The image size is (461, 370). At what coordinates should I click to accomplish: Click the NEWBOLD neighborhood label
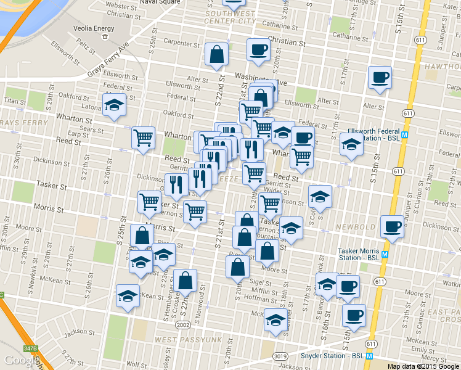pyautogui.click(x=356, y=227)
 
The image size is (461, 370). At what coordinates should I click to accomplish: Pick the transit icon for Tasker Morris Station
pyautogui.click(x=385, y=255)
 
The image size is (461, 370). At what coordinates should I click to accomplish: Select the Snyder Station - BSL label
pyautogui.click(x=332, y=356)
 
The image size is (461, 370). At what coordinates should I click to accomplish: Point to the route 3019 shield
pyautogui.click(x=280, y=356)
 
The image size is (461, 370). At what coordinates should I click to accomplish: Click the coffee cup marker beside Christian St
pyautogui.click(x=258, y=49)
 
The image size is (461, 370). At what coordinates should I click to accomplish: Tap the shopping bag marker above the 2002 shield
pyautogui.click(x=185, y=281)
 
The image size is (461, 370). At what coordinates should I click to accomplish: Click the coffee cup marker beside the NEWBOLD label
pyautogui.click(x=392, y=226)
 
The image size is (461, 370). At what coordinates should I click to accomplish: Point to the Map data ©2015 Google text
pyautogui.click(x=423, y=366)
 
